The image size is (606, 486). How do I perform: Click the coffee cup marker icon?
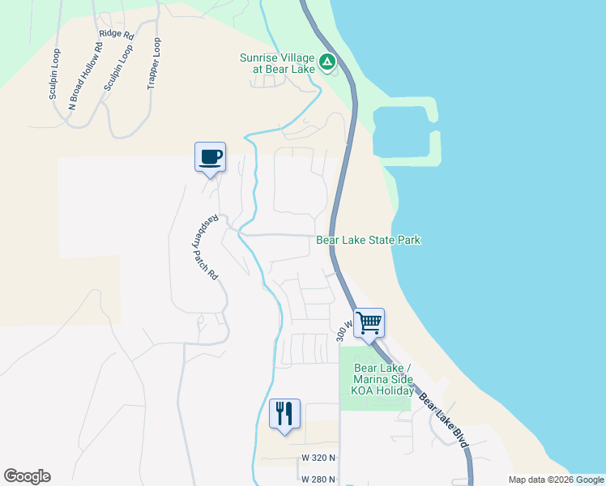click(210, 156)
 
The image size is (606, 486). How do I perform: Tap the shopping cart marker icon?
click(369, 322)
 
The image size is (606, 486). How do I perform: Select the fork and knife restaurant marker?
click(284, 413)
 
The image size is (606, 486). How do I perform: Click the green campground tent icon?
click(326, 62)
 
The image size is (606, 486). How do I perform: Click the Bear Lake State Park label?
click(368, 241)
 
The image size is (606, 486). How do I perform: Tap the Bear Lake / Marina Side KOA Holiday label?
click(383, 380)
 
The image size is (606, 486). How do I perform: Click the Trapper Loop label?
click(154, 64)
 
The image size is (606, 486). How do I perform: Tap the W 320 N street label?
click(318, 458)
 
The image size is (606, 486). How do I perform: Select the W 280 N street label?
click(318, 480)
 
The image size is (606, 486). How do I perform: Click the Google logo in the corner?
click(27, 476)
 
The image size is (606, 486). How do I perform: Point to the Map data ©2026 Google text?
click(555, 480)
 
